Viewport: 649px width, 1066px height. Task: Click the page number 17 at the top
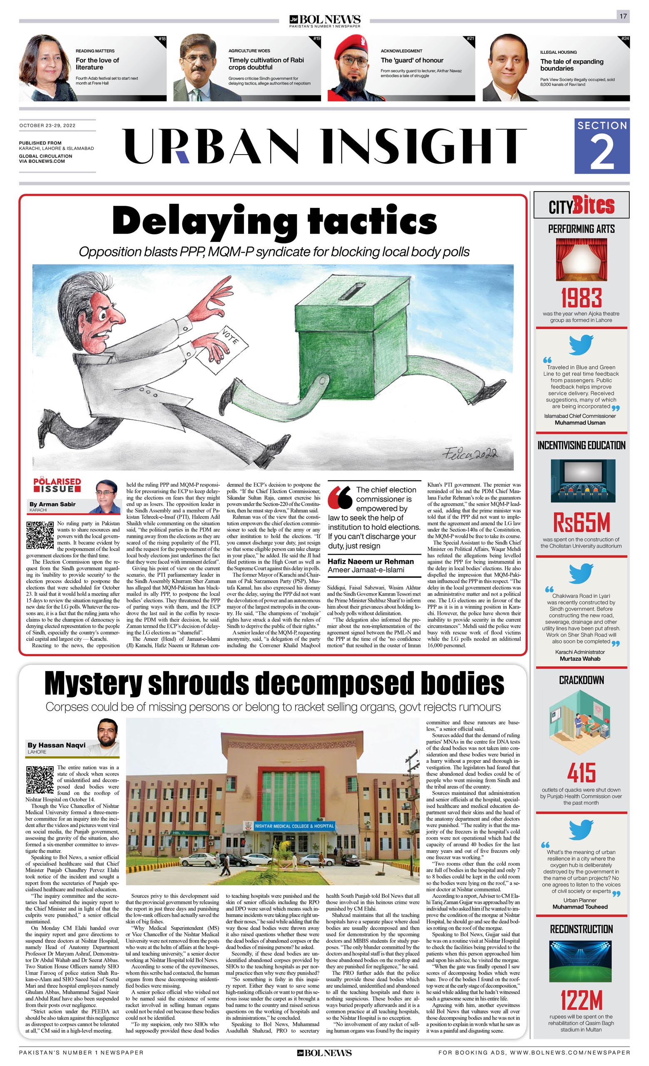623,16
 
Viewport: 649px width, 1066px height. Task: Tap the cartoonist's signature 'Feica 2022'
470,454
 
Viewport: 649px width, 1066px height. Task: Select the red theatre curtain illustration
581,260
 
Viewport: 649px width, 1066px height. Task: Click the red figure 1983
581,298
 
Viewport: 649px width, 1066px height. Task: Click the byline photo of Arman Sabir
107,496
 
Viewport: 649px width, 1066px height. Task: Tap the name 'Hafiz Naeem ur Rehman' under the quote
371,561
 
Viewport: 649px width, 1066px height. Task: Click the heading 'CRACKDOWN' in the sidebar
581,681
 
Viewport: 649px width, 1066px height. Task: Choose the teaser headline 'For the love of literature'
97,64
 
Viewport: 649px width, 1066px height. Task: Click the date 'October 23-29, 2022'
47,125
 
